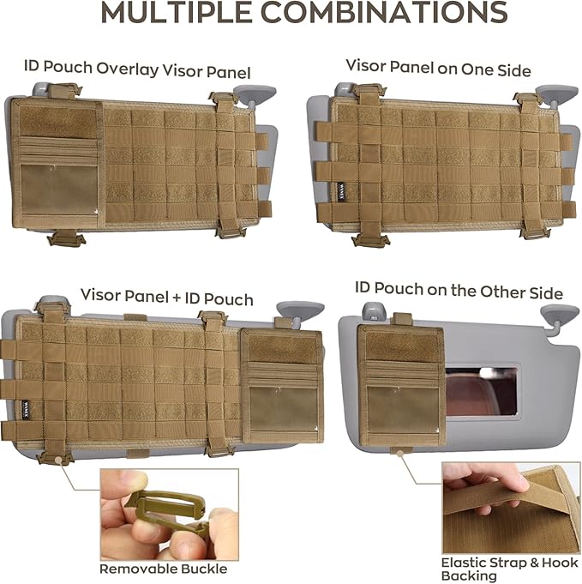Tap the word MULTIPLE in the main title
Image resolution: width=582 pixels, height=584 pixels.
176,12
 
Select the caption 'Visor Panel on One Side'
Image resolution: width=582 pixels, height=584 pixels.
438,68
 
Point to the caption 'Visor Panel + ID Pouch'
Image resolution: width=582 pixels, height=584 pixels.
167,298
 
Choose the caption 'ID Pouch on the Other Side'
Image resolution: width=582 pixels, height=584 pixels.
459,290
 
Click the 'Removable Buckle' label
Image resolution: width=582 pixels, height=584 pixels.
164,569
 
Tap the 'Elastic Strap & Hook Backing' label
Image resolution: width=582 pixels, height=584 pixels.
509,569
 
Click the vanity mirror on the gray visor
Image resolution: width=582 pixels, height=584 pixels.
481,391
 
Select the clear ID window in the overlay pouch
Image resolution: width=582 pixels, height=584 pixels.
60,190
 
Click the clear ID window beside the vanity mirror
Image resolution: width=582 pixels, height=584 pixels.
403,410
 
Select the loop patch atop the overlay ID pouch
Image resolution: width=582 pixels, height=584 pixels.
57,122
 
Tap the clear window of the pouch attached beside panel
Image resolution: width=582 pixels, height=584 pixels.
283,410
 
